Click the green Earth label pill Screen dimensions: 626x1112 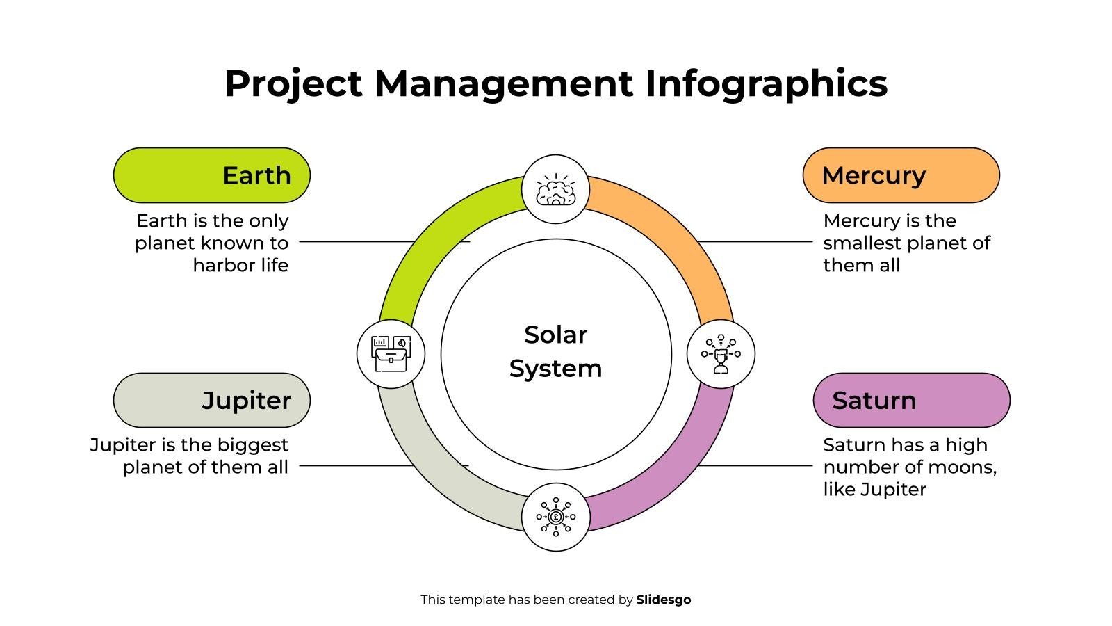tap(211, 175)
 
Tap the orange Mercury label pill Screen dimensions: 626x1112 tap(901, 175)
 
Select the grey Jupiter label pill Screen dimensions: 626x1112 tap(211, 401)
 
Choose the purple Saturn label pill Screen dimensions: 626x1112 tap(911, 401)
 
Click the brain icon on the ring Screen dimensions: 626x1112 tap(555, 189)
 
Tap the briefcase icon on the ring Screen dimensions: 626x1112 tap(391, 353)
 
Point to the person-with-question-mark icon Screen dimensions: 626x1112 tap(721, 353)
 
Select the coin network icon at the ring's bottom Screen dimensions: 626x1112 tap(555, 517)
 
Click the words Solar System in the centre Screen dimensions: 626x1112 tap(555, 352)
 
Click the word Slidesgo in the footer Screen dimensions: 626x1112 tap(664, 600)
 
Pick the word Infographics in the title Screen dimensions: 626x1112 tap(766, 83)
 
